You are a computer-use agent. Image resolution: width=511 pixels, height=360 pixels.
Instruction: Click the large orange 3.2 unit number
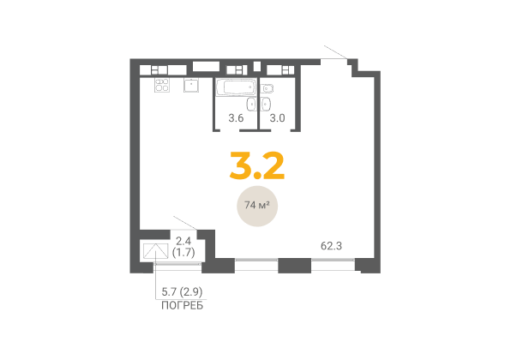click(x=257, y=165)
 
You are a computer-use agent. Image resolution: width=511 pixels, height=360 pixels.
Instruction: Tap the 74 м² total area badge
click(x=257, y=206)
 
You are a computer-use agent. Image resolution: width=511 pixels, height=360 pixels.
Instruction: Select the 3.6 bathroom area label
click(x=236, y=118)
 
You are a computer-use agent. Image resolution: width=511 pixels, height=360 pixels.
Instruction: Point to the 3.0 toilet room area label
click(x=277, y=118)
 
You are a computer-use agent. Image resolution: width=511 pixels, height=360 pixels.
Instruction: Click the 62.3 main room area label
click(x=332, y=246)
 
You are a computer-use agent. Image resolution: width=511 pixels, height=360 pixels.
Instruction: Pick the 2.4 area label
click(x=183, y=241)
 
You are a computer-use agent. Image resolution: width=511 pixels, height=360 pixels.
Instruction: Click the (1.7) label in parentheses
click(x=183, y=252)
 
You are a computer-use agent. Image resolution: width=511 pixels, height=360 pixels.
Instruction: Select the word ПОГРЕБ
click(x=182, y=306)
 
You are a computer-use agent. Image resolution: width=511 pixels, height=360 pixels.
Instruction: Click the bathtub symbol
click(x=235, y=87)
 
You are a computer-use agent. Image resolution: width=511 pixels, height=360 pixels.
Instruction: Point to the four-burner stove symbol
click(x=162, y=85)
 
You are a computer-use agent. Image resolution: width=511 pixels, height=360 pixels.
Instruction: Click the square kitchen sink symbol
click(x=191, y=85)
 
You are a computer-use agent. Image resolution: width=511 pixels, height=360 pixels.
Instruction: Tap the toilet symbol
click(x=267, y=88)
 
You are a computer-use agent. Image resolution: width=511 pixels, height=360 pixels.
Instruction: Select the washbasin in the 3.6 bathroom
click(x=251, y=105)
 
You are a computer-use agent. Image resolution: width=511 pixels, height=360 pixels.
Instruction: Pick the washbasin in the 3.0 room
click(x=267, y=104)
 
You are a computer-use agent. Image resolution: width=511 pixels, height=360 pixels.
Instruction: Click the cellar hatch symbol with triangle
click(x=155, y=251)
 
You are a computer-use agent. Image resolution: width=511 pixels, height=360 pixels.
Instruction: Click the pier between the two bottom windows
click(x=295, y=265)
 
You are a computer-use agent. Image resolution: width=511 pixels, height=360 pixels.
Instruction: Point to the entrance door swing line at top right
click(x=336, y=52)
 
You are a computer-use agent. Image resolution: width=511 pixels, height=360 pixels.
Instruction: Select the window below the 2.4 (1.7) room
click(x=177, y=264)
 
